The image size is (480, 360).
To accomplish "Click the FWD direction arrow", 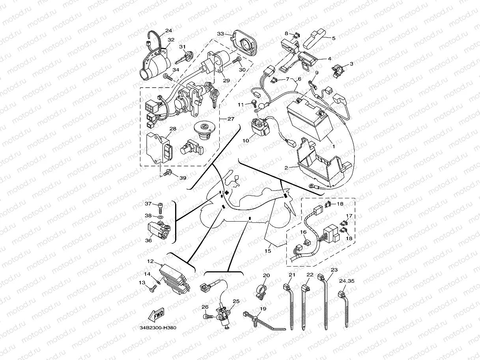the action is click(156, 315).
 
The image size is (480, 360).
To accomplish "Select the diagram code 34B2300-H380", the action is click(158, 328).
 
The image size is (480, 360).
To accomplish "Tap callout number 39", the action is click(183, 178).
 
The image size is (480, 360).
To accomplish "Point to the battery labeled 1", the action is click(310, 119).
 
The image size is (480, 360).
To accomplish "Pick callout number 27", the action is click(231, 119).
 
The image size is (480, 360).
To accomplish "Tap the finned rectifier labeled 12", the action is click(174, 279).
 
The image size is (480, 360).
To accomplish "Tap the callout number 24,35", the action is click(347, 281).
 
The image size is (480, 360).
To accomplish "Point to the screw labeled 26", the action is click(208, 316).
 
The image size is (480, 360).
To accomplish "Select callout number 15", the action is click(268, 251).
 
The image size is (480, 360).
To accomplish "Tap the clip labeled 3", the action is click(338, 71).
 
